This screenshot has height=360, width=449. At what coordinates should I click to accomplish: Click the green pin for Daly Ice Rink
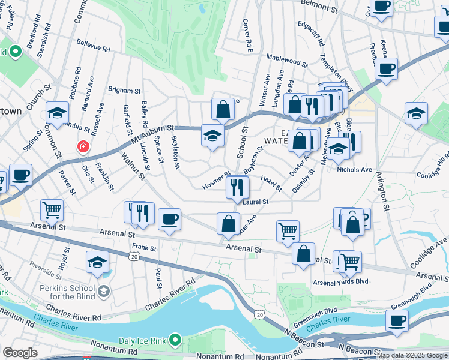tap(175, 340)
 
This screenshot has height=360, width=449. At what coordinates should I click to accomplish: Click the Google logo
tap(19, 353)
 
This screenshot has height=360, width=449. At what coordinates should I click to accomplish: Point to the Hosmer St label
tap(216, 182)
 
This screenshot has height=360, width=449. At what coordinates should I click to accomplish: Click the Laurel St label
tap(256, 202)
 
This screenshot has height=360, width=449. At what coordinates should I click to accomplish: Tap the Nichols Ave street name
tap(354, 170)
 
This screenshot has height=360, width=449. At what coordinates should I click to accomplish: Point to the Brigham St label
tap(124, 90)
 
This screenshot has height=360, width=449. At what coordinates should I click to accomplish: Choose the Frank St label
tap(144, 247)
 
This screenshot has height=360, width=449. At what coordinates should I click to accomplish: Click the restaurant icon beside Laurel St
tap(238, 187)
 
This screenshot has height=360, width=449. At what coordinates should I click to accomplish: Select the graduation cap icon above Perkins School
tap(97, 263)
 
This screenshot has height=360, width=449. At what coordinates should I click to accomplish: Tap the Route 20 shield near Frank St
tap(134, 256)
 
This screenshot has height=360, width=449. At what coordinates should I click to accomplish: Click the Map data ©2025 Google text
tap(412, 355)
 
